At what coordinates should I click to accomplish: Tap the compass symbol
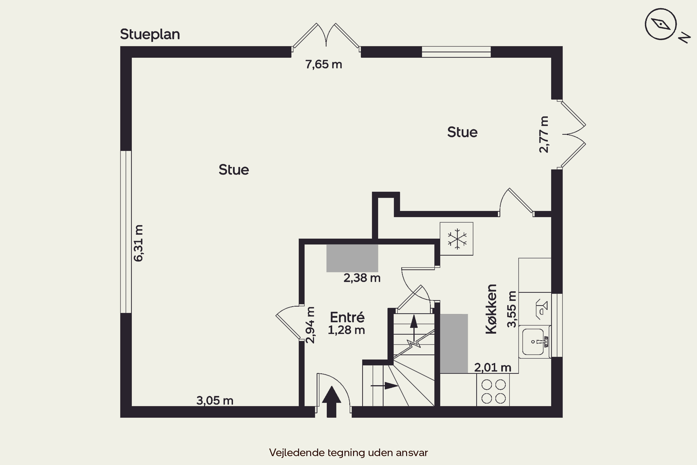click(x=661, y=24)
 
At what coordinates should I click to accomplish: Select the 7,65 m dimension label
click(x=324, y=64)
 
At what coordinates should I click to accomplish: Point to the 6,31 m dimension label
click(x=138, y=243)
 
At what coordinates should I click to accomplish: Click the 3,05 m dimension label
click(x=215, y=401)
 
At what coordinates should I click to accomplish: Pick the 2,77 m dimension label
click(x=544, y=134)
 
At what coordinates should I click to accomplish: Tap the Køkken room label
click(x=491, y=309)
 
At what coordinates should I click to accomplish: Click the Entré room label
click(x=347, y=317)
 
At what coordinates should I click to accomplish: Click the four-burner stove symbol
click(x=493, y=390)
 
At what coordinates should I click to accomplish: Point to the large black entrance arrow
click(x=332, y=402)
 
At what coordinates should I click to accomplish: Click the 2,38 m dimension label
click(x=362, y=278)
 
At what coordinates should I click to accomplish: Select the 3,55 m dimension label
click(x=512, y=309)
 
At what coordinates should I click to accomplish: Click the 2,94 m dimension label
click(x=310, y=325)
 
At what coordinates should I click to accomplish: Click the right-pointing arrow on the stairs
click(x=384, y=385)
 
